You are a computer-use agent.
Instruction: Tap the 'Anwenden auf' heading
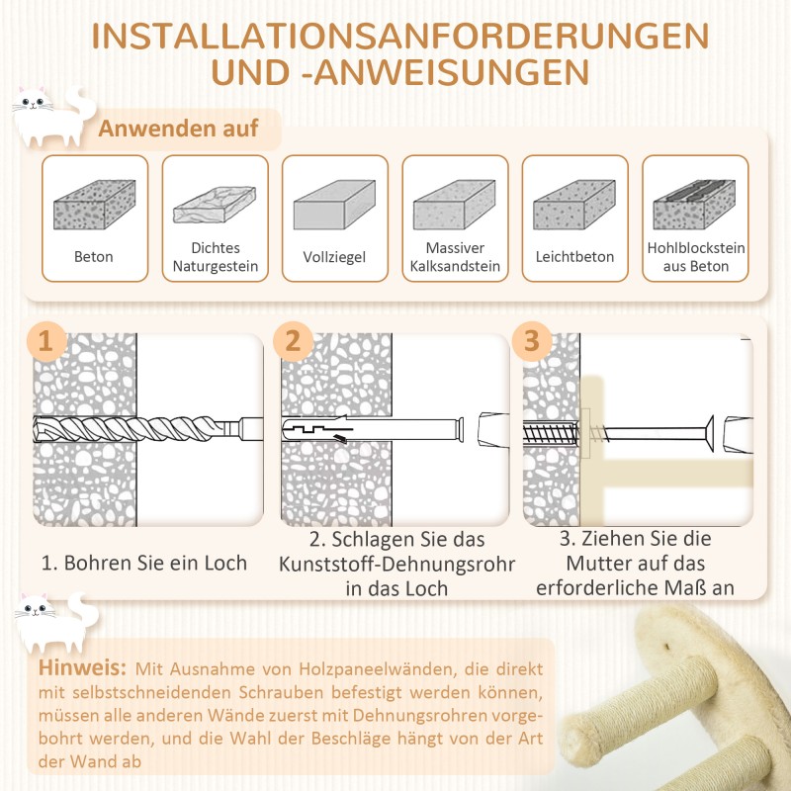click(x=178, y=129)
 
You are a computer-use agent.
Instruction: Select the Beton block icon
click(x=94, y=205)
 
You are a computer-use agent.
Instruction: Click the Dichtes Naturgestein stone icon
click(x=215, y=205)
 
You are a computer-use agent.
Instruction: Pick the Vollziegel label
click(x=334, y=257)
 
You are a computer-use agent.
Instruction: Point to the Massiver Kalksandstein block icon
click(x=455, y=205)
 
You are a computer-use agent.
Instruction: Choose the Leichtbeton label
click(x=574, y=257)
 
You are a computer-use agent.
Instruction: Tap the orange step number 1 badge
click(x=45, y=342)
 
